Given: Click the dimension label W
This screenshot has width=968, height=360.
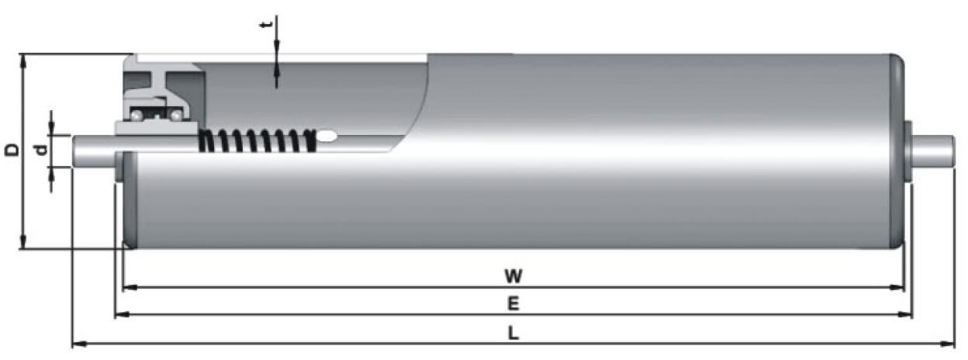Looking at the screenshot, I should [x=512, y=275].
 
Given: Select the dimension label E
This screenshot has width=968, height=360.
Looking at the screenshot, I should [x=513, y=303].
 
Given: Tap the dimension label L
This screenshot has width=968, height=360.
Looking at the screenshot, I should [x=513, y=333].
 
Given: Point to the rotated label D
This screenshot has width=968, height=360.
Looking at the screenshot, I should [x=12, y=150].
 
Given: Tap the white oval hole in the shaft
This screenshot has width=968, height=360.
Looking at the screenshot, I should [x=327, y=137].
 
